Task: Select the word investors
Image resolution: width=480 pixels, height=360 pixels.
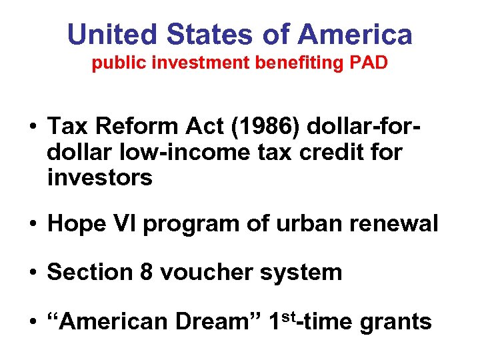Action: coord(100,177)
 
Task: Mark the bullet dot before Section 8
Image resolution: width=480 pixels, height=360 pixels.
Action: coord(31,273)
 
